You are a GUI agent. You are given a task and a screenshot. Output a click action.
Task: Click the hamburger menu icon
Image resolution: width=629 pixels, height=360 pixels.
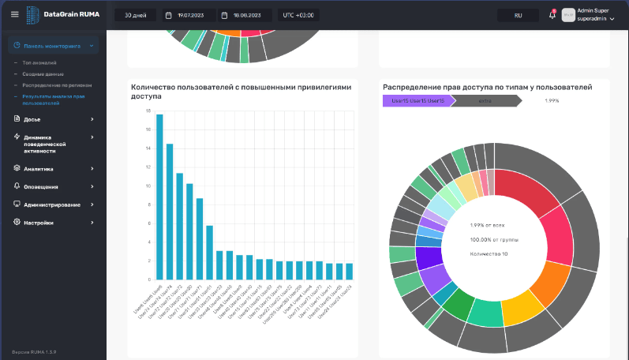click(14, 15)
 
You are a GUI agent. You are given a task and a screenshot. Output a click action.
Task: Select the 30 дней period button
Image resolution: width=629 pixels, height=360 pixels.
click(135, 15)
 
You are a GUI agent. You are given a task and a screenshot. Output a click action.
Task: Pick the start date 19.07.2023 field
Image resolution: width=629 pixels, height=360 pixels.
click(189, 15)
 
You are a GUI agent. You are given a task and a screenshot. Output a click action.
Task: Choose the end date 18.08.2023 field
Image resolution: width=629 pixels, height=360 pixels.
click(245, 15)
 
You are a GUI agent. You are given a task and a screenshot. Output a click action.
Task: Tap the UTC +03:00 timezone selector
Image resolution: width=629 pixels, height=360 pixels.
click(298, 15)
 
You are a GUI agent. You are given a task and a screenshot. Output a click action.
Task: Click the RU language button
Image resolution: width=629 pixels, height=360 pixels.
click(518, 15)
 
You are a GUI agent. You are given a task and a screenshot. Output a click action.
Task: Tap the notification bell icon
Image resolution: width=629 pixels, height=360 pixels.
click(552, 15)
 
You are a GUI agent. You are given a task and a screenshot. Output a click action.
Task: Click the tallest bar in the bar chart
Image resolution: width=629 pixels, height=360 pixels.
click(159, 197)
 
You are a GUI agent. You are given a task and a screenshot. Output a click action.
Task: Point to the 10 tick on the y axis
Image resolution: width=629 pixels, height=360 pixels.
click(147, 186)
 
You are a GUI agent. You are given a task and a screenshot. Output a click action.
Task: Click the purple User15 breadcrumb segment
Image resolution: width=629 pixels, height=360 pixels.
click(416, 101)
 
